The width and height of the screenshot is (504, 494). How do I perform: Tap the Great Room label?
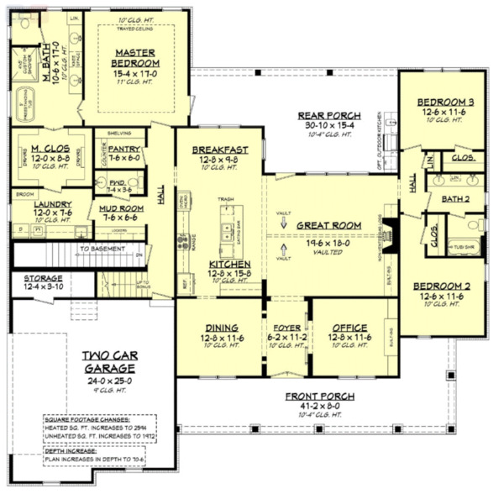click(328, 225)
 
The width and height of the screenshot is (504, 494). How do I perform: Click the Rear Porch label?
click(329, 116)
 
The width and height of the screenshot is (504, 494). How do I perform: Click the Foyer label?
click(287, 327)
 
